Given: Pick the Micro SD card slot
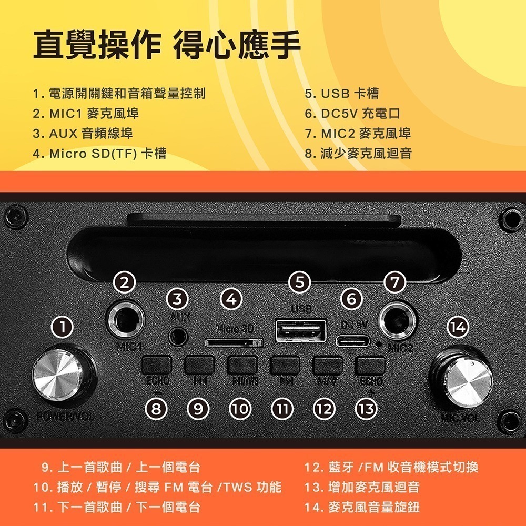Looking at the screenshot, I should pyautogui.click(x=234, y=342).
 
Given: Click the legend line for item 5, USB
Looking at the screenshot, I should pyautogui.click(x=342, y=94).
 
